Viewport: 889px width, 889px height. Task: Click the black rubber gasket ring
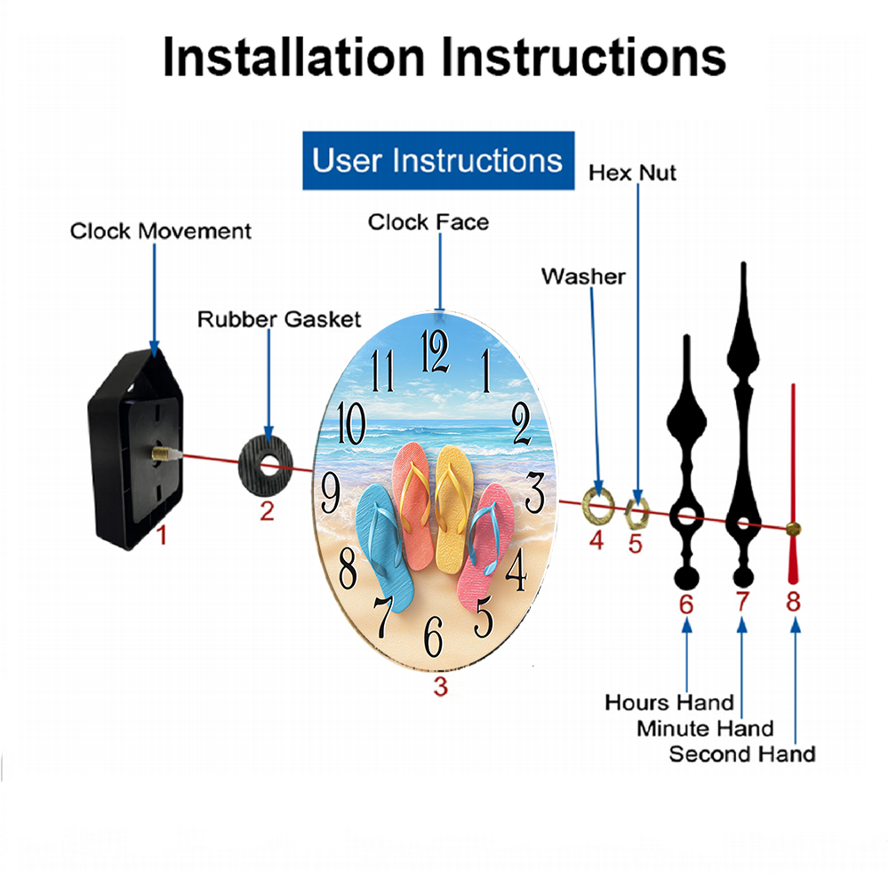click(x=265, y=467)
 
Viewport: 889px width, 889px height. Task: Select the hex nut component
click(x=637, y=512)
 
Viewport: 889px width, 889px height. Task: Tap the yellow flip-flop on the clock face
click(x=453, y=508)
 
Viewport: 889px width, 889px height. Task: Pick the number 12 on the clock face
click(x=435, y=351)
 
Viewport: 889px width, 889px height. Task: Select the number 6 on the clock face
click(x=433, y=636)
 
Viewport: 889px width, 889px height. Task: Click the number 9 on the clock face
click(x=331, y=493)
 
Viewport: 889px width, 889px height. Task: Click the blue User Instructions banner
click(x=438, y=160)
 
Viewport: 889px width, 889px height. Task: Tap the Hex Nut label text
click(x=632, y=172)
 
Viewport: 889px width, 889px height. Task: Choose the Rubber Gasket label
click(x=279, y=319)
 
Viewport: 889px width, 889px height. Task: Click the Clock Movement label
click(x=160, y=231)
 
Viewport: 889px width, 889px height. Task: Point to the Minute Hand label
click(x=705, y=728)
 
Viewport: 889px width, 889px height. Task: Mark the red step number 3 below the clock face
click(x=441, y=686)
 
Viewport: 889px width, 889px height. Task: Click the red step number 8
click(x=793, y=602)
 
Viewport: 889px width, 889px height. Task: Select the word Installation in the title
click(x=293, y=57)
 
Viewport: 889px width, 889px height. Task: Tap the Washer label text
click(x=583, y=276)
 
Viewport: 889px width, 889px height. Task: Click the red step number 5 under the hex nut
click(x=635, y=544)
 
